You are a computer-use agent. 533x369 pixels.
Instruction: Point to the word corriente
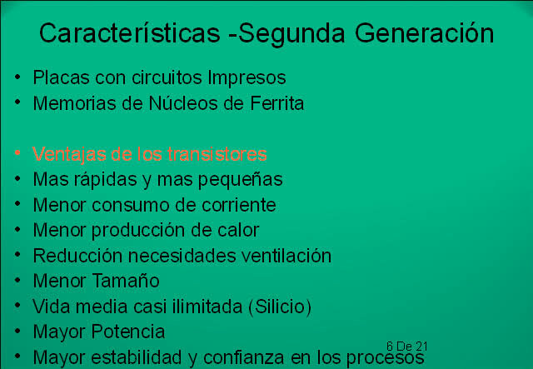(237, 205)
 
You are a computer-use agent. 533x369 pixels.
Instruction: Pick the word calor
(238, 230)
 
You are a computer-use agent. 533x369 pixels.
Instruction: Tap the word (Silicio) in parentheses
(279, 307)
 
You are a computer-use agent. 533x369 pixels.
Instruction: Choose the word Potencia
(127, 332)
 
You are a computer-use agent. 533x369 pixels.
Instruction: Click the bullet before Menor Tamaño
(17, 282)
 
